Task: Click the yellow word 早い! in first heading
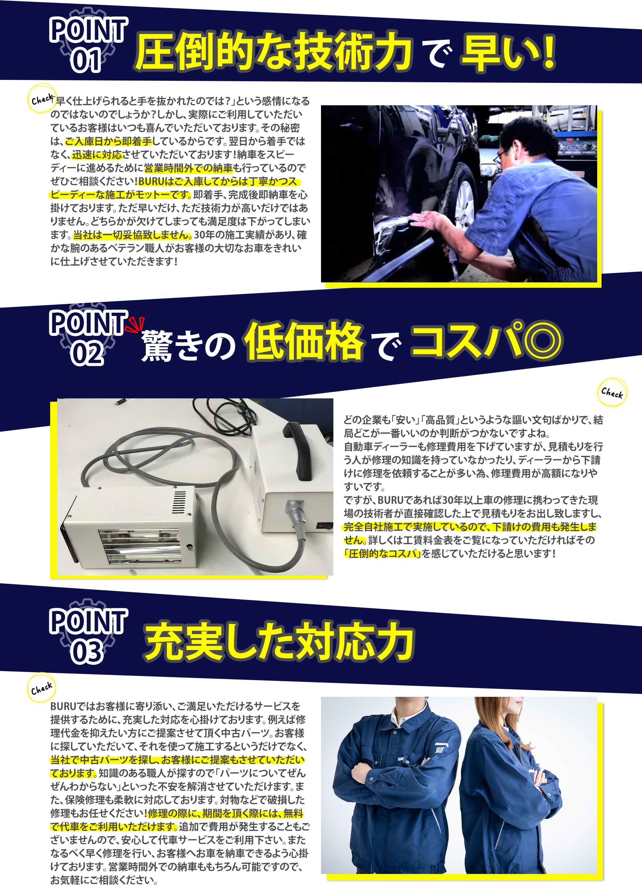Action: [x=508, y=53]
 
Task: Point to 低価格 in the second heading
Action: [x=304, y=341]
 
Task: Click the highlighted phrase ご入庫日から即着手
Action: [x=108, y=141]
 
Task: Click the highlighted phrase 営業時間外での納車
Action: [x=188, y=168]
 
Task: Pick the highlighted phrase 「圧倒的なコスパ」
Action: [x=383, y=554]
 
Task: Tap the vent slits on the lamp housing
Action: [x=180, y=502]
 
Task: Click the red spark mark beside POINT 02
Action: [x=135, y=324]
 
